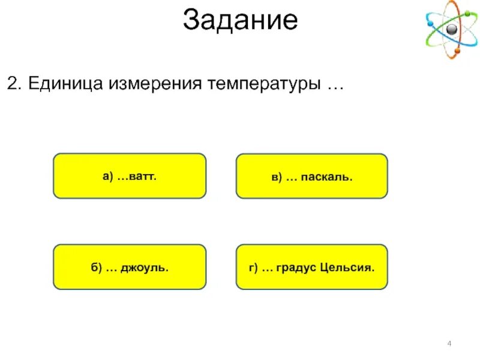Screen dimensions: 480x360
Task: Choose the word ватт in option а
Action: click(x=143, y=176)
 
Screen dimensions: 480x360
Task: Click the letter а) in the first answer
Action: click(x=108, y=176)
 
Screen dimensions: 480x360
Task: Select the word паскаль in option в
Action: click(x=326, y=177)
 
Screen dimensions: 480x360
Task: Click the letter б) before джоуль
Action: click(x=97, y=267)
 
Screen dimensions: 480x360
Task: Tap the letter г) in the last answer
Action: click(x=253, y=267)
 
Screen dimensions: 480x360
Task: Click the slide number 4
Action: click(x=449, y=343)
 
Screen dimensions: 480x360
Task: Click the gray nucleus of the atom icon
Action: click(x=451, y=29)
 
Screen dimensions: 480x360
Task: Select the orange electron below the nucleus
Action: click(x=457, y=50)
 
